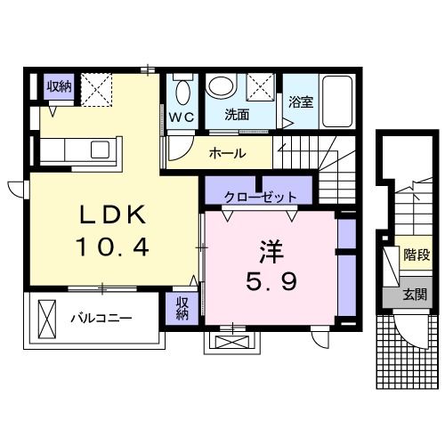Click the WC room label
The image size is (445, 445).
coord(182,117)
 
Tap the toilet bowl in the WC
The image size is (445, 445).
coord(183,93)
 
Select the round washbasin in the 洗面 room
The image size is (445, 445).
coord(222,85)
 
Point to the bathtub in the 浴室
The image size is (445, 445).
coord(337,101)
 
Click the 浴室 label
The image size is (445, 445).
coord(301,101)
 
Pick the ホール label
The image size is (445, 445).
coord(228,153)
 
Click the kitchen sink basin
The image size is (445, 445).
coord(100,150)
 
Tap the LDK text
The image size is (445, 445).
coord(113,214)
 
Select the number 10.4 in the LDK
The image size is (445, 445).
coord(112,247)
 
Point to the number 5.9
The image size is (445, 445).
coord(271,281)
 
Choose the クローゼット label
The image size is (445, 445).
coord(261,197)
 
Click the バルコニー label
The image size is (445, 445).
coord(101,319)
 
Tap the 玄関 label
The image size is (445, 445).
coord(415,295)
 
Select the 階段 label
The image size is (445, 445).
coord(417,255)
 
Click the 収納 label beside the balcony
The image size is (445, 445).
coord(182,309)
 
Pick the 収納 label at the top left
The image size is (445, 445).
coord(59,86)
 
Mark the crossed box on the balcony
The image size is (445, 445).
coord(47,319)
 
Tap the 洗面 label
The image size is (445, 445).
coord(237,115)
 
